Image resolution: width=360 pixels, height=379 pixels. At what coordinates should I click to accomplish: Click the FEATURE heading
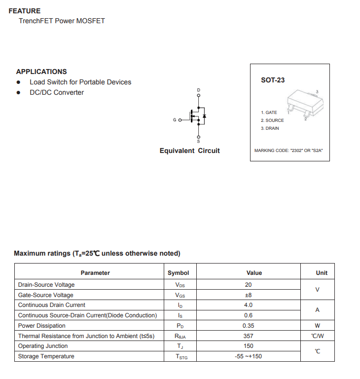point(25,11)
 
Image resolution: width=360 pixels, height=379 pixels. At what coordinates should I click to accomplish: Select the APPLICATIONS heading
point(41,72)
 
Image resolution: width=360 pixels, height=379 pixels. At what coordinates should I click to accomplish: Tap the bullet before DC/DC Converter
point(19,93)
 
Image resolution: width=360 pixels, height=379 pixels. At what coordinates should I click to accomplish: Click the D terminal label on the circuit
point(199,90)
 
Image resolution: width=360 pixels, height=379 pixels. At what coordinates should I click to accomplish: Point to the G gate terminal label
point(175,120)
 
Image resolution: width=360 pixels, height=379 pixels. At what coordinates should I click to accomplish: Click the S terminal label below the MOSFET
point(199,142)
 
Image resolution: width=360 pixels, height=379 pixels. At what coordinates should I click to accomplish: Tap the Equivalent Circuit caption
point(189,151)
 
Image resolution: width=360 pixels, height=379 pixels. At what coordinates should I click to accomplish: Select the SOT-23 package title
point(273,80)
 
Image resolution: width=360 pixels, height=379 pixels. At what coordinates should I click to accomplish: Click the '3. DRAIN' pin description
point(270,128)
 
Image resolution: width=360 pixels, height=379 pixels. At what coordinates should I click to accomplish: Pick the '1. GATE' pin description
point(269,113)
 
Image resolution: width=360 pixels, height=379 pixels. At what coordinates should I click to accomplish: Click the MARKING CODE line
point(288,151)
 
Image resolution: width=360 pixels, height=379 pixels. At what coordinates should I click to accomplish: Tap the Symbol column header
point(178,273)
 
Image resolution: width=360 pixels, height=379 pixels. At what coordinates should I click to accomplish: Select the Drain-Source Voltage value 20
point(248,285)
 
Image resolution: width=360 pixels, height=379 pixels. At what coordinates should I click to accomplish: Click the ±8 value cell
point(248,295)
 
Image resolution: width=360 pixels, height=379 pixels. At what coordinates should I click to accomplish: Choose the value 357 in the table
point(248,336)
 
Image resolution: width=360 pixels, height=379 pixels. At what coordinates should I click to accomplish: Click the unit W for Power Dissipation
point(317,326)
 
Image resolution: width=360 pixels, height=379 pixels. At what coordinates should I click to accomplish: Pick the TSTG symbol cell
point(181,357)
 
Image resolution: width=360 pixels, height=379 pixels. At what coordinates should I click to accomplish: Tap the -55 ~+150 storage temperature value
point(248,356)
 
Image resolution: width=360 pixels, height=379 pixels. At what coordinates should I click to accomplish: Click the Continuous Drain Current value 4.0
point(248,305)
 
